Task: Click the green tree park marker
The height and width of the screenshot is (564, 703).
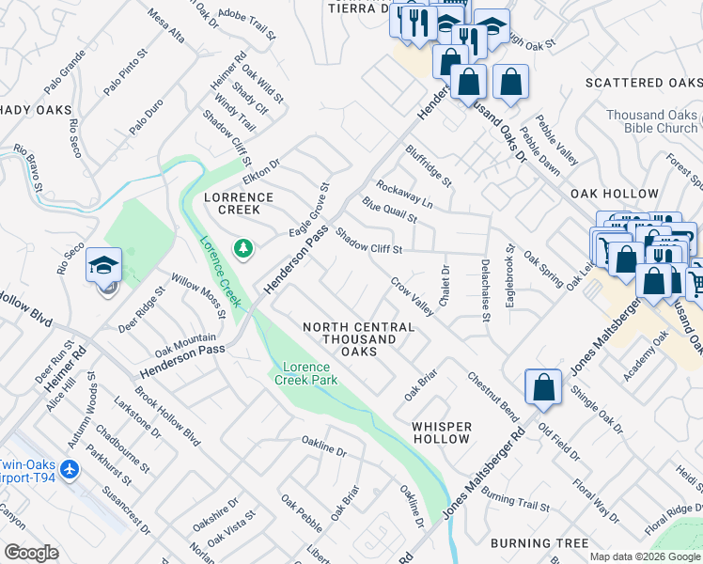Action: click(244, 247)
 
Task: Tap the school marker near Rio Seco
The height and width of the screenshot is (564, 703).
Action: click(103, 267)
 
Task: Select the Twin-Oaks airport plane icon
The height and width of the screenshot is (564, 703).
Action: click(68, 468)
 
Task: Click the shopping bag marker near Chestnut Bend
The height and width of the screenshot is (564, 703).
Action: click(543, 387)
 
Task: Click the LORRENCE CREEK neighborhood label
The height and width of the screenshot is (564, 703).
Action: click(239, 204)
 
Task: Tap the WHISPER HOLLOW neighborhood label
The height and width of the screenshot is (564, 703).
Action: click(442, 433)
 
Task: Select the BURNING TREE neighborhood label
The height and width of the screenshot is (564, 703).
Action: click(539, 543)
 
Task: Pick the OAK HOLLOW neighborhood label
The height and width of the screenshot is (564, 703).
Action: click(615, 194)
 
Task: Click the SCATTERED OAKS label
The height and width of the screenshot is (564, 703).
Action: click(644, 83)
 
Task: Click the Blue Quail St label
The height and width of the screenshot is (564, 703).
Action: click(389, 210)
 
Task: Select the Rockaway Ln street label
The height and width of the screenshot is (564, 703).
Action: click(404, 195)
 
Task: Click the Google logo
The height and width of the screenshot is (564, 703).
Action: click(31, 553)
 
